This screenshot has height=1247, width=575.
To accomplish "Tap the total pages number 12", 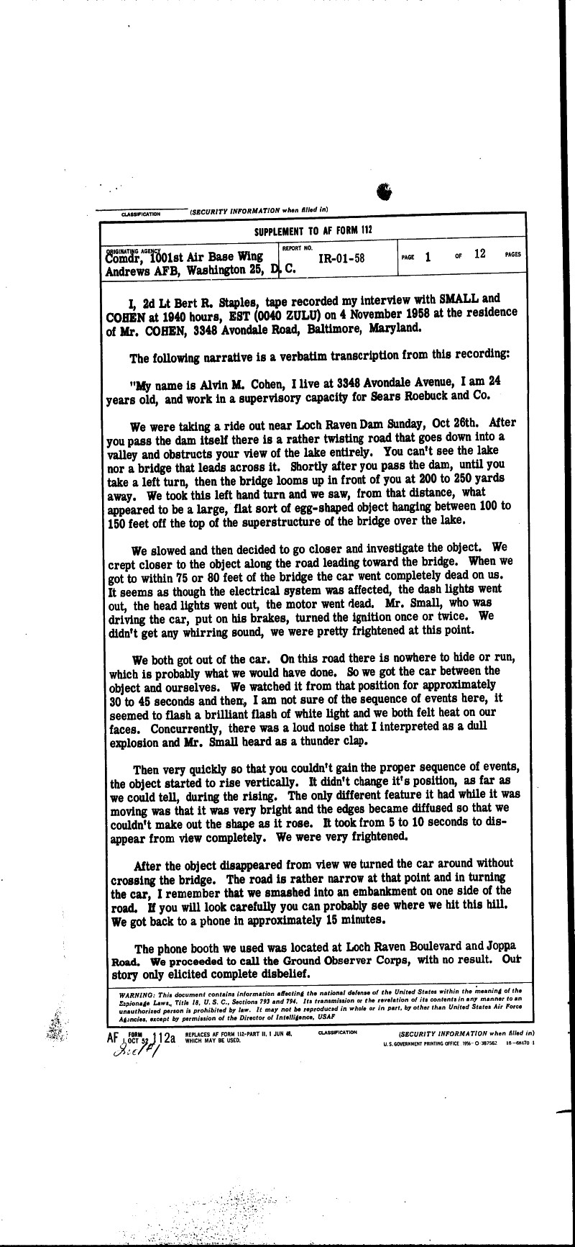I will (x=480, y=253).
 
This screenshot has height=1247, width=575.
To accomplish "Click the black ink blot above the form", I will (x=385, y=191).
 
